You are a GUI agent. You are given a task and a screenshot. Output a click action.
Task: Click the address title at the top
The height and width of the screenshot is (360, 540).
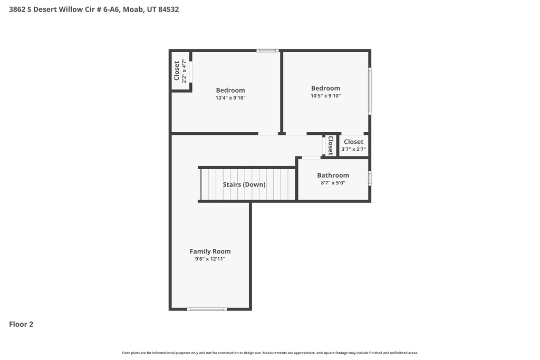click(94, 9)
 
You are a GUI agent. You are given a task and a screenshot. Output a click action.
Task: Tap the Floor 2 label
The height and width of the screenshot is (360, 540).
click(21, 324)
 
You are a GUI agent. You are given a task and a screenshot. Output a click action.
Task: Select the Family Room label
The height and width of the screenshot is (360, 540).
click(210, 251)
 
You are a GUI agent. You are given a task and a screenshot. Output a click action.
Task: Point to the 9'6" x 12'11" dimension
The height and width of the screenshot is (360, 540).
click(210, 259)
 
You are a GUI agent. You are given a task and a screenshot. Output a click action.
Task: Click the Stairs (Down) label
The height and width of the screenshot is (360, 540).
click(244, 184)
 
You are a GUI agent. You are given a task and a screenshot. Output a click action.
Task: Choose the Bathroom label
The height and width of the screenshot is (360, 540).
click(333, 176)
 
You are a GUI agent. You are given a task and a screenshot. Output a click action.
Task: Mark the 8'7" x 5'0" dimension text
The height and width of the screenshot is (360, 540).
click(333, 183)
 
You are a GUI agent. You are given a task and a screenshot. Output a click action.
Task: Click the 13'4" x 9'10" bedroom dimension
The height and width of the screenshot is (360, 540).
click(230, 98)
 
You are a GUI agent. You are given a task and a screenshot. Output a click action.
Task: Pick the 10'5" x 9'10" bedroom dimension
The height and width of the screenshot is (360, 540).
click(325, 96)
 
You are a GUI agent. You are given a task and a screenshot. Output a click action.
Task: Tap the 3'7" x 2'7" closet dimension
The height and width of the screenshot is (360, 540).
click(353, 149)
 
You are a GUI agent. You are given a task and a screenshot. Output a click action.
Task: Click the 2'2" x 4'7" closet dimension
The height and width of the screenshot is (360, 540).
click(184, 72)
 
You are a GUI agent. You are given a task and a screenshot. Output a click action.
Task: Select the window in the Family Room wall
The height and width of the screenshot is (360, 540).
click(207, 309)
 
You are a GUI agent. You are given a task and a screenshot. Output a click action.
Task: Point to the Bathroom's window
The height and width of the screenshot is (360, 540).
click(370, 178)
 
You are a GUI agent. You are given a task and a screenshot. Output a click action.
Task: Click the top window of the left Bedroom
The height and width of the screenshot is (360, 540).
click(267, 51)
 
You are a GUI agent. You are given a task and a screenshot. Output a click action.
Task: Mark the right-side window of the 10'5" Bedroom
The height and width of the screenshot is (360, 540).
click(370, 91)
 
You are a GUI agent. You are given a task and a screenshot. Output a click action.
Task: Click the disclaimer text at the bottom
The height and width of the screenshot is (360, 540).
click(269, 353)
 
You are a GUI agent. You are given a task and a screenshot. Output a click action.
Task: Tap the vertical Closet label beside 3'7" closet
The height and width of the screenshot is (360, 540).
click(331, 145)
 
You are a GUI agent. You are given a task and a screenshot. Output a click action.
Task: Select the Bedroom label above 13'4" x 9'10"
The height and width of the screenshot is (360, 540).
click(230, 90)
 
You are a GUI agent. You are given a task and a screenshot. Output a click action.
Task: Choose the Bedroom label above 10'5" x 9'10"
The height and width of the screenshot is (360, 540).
click(325, 88)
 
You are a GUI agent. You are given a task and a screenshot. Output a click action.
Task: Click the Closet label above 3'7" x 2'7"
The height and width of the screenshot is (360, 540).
click(353, 142)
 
